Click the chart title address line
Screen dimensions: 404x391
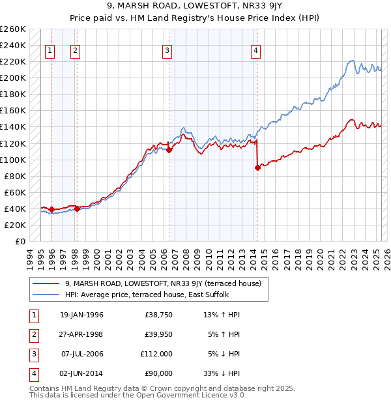(x=195, y=8)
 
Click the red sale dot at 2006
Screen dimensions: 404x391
(x=169, y=150)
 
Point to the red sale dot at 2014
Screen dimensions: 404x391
(x=257, y=167)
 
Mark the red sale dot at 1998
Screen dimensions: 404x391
(x=77, y=209)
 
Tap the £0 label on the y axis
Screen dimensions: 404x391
(x=20, y=241)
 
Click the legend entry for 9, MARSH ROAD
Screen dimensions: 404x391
(x=163, y=283)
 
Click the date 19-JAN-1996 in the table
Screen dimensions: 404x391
(x=81, y=315)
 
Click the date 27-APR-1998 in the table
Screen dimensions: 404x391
(x=81, y=334)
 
